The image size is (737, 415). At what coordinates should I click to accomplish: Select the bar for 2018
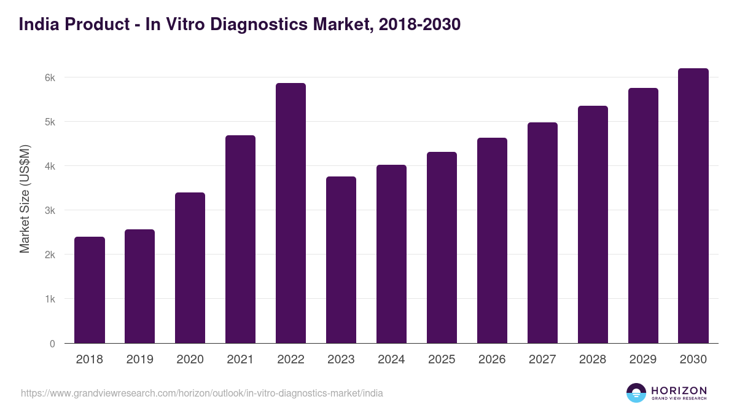point(90,290)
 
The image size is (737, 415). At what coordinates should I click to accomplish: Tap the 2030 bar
point(693,205)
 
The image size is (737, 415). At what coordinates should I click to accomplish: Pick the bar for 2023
point(341,259)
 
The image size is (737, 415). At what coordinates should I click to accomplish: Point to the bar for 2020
point(190,267)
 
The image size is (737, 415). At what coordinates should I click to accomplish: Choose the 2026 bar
point(492,240)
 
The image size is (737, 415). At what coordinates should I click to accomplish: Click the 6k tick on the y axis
point(50,78)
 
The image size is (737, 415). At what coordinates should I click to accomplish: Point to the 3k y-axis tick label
point(50,211)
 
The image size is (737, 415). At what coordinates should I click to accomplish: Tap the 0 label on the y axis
point(52,344)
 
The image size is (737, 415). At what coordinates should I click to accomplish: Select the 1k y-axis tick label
point(50,299)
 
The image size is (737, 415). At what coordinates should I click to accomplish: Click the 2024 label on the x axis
point(391,360)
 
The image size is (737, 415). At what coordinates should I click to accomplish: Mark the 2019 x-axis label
point(139,360)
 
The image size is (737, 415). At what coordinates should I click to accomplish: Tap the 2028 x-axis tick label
point(593,360)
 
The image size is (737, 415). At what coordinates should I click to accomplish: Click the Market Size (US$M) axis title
point(25,198)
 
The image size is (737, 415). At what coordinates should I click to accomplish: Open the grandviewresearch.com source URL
point(202,393)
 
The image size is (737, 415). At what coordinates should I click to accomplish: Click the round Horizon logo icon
point(636,393)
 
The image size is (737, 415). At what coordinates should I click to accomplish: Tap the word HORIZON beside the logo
point(679,390)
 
